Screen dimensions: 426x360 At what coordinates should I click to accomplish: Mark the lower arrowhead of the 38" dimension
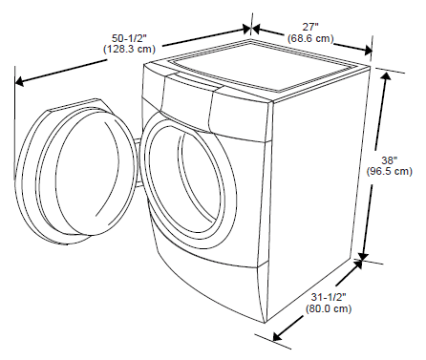[x=363, y=255]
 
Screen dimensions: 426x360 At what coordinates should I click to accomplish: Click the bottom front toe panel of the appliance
[x=215, y=286]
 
